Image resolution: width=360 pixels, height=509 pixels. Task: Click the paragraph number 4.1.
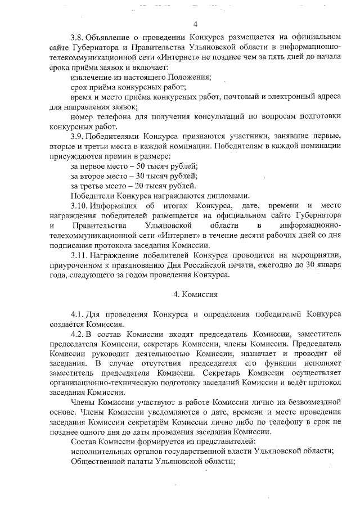click(78, 313)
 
